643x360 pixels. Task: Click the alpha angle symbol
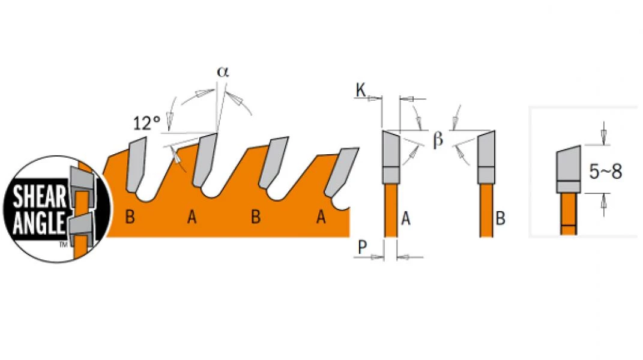point(223,71)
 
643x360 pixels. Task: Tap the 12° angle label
point(146,124)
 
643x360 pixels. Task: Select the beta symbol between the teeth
point(438,140)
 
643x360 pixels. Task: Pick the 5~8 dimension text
point(605,172)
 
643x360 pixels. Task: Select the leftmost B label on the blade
point(129,217)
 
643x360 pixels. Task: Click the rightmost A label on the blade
point(321,217)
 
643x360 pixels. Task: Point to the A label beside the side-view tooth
point(406,219)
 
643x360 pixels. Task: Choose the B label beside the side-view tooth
point(501,219)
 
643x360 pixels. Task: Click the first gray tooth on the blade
point(136,161)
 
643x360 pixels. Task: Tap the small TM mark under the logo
point(62,245)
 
